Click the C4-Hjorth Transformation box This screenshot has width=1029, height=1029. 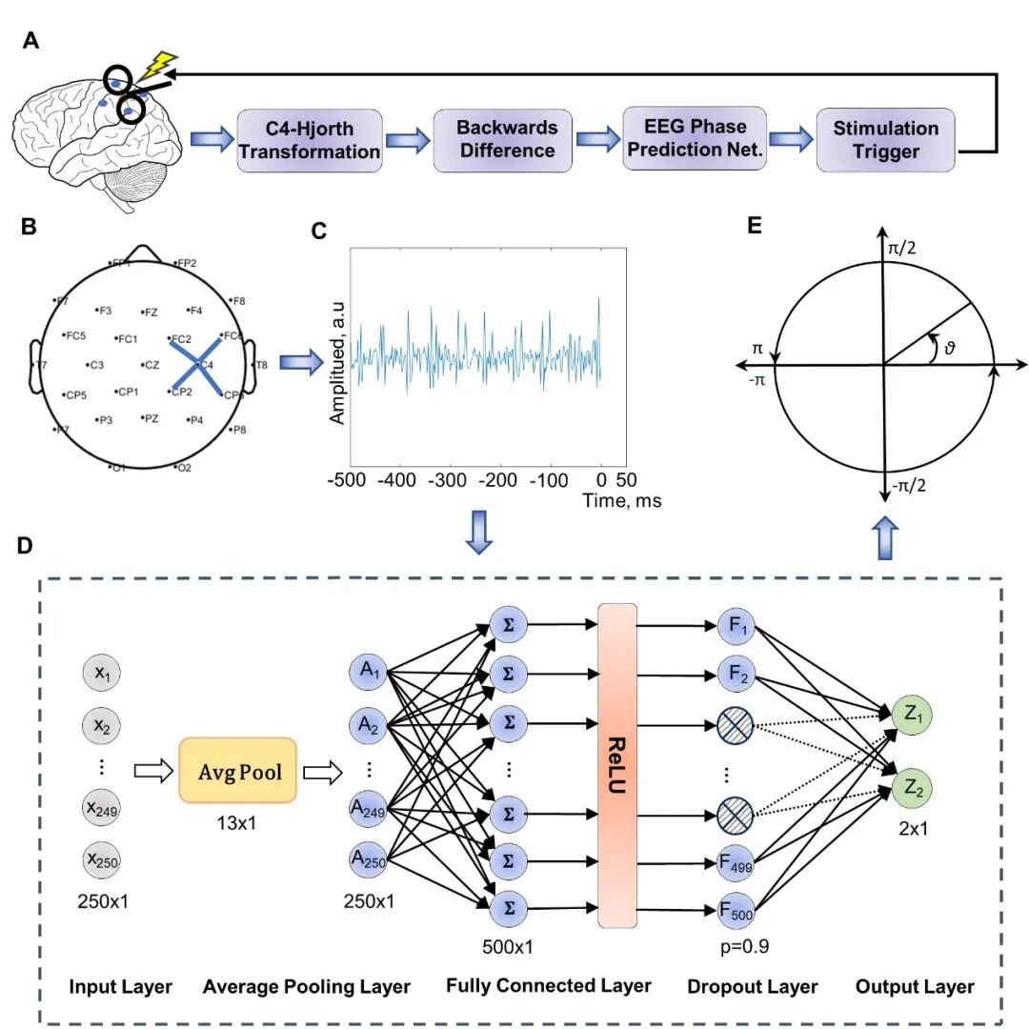coord(309,140)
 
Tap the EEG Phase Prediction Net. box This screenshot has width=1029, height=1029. coord(695,138)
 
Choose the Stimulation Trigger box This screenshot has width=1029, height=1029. coord(886,139)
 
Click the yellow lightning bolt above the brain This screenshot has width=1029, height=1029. coord(157,68)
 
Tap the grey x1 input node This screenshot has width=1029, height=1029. coord(101,673)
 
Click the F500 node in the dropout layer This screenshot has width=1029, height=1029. coord(737,912)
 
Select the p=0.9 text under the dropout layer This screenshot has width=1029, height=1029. coord(740,947)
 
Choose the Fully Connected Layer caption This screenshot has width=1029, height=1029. coord(549,986)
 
